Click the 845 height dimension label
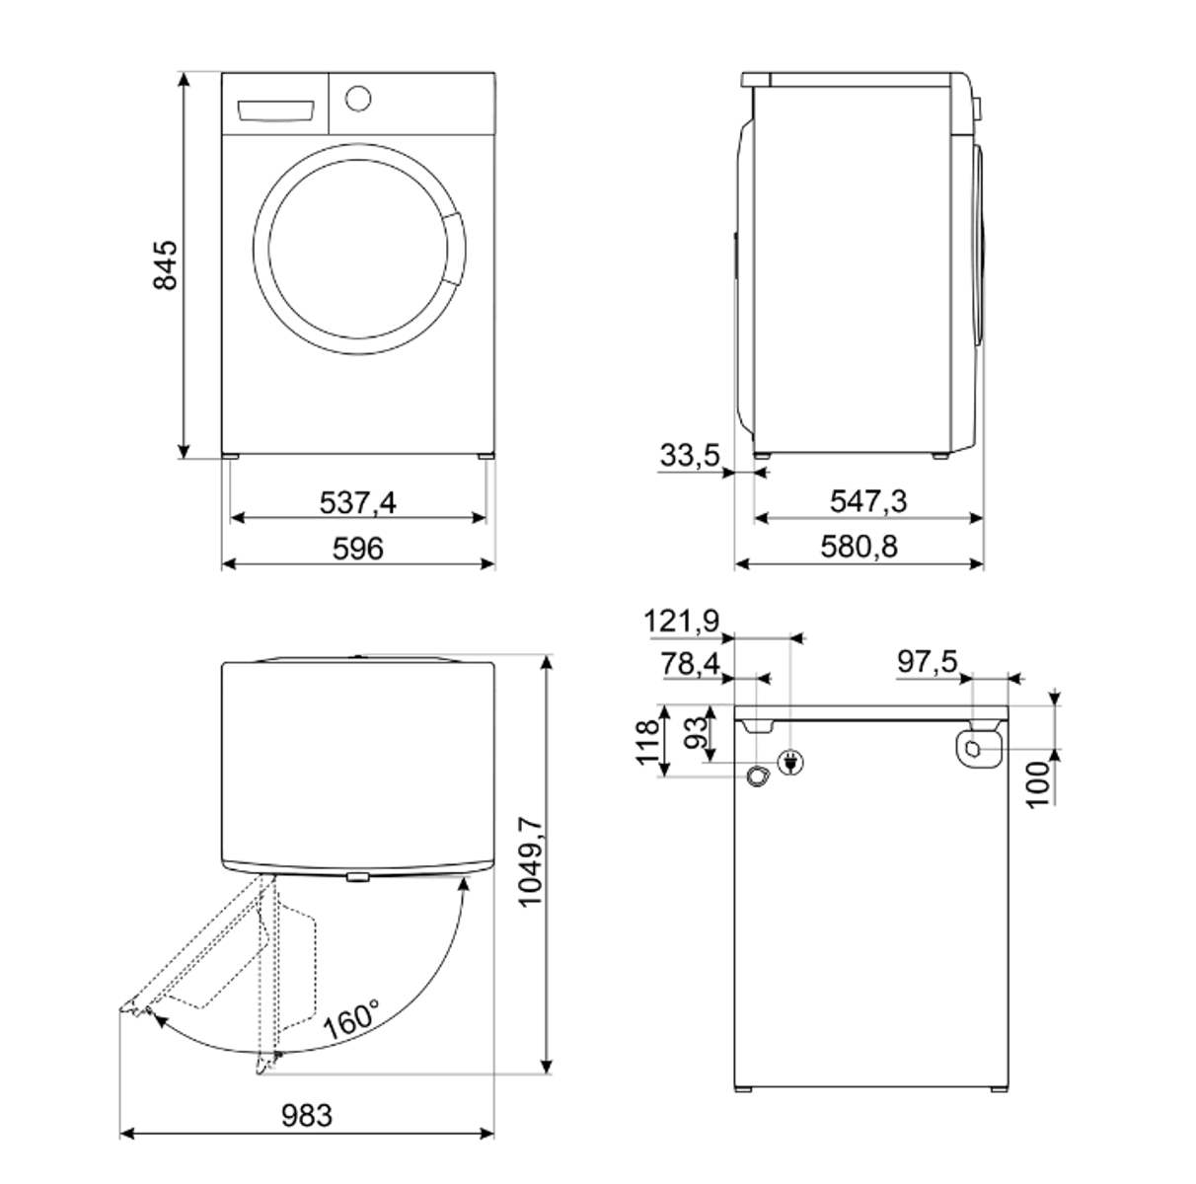click(x=165, y=265)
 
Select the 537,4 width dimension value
click(x=357, y=502)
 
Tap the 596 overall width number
click(x=358, y=549)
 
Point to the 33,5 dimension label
click(x=690, y=455)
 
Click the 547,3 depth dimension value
click(x=868, y=501)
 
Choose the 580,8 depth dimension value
click(x=859, y=547)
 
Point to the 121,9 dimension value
click(x=682, y=621)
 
